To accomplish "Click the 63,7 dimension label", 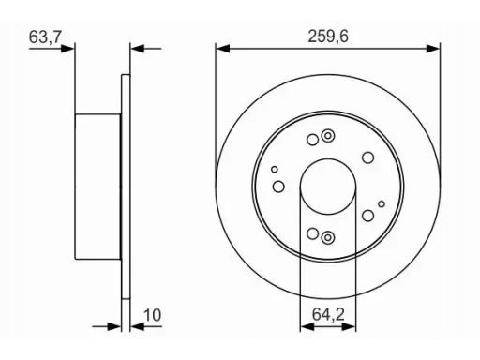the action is pos(45,37).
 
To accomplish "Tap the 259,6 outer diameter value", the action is pos(328,37).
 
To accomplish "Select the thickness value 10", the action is pos(152,315).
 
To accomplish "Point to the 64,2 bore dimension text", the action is pos(328,314).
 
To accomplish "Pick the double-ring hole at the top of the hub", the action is pos(328,136).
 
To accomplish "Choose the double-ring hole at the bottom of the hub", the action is pos(328,238).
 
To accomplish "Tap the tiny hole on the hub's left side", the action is pos(275,170).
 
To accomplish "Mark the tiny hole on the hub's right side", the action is pos(382,204).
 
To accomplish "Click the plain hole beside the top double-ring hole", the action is pos(312,140).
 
